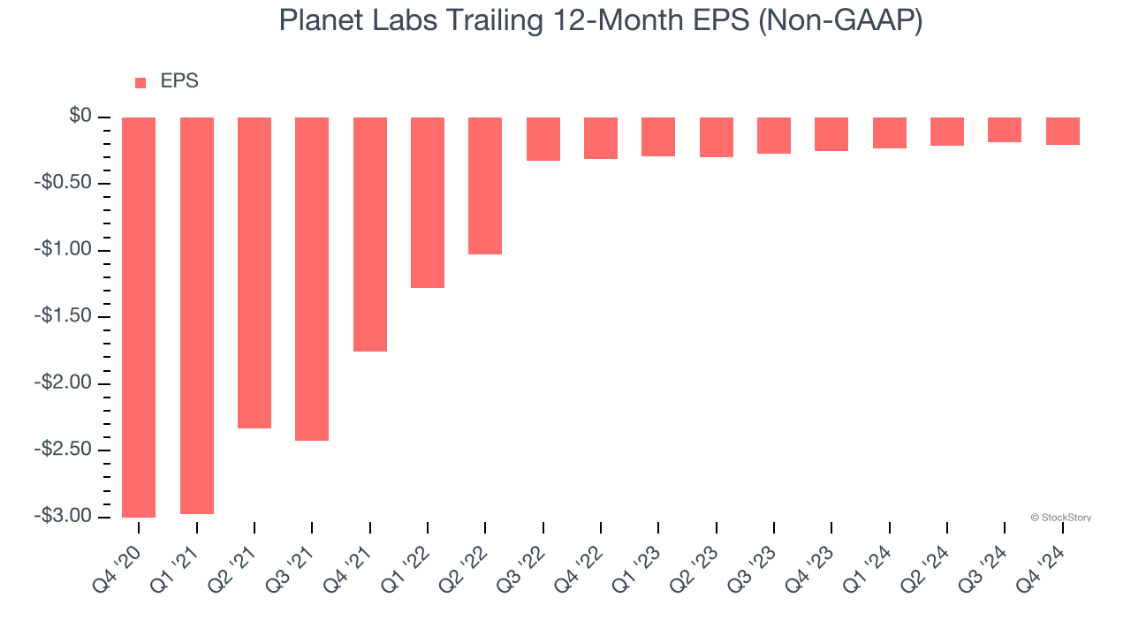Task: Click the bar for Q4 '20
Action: pyautogui.click(x=139, y=317)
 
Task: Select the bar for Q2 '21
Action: pyautogui.click(x=254, y=273)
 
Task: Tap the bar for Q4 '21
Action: pyautogui.click(x=370, y=234)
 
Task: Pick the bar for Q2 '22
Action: pyautogui.click(x=485, y=185)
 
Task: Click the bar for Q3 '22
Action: pyautogui.click(x=543, y=139)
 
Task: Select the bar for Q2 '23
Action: pyautogui.click(x=717, y=137)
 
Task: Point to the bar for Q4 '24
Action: pyautogui.click(x=1063, y=131)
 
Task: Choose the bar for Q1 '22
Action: pyautogui.click(x=428, y=202)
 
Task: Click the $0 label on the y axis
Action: pyautogui.click(x=80, y=117)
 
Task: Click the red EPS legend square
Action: pyautogui.click(x=140, y=83)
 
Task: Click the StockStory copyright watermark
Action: pyautogui.click(x=1060, y=518)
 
